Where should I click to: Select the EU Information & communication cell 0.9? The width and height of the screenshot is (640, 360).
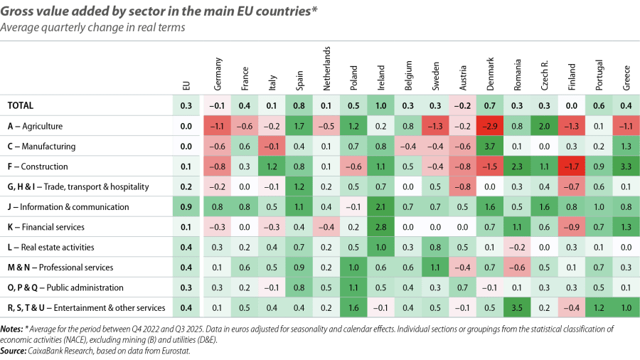186,207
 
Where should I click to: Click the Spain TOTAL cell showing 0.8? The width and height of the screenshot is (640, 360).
299,106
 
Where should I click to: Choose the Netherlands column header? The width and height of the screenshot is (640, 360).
326,68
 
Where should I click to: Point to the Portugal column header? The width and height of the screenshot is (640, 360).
599,74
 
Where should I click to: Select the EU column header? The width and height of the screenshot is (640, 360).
186,85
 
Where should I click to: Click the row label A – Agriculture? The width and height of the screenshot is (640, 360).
36,127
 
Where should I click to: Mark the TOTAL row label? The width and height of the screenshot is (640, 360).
21,106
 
